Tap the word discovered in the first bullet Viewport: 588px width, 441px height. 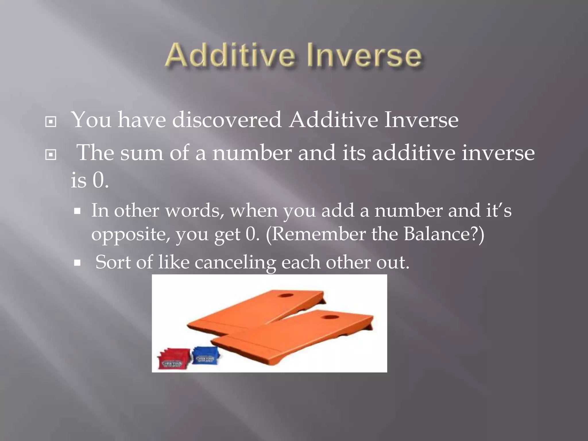click(x=227, y=120)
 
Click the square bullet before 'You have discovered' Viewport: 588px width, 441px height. click(x=51, y=122)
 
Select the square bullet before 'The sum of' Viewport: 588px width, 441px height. click(x=51, y=155)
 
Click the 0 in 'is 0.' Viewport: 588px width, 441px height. click(x=98, y=181)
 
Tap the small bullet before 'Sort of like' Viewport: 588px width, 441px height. click(x=77, y=263)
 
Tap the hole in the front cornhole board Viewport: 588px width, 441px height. click(x=330, y=317)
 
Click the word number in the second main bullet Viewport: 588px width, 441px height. click(x=252, y=153)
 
